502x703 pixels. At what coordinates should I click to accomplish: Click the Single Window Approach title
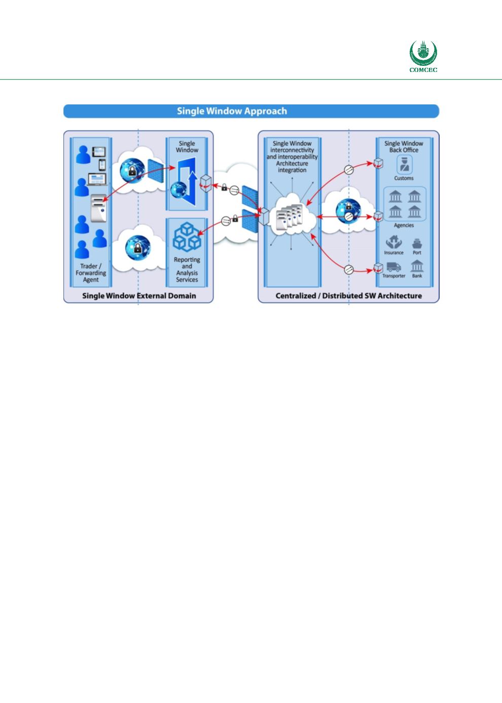tap(232, 111)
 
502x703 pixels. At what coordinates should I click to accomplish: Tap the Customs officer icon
tap(404, 164)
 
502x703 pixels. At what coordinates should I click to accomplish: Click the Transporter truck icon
tap(393, 267)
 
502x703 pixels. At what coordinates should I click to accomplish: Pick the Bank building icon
tap(417, 266)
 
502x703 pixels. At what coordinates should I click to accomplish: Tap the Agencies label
tap(404, 225)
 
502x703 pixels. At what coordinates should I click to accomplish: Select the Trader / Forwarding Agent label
tap(91, 273)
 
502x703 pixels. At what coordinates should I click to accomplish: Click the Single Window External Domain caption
tap(139, 295)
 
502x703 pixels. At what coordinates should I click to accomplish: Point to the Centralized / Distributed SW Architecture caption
tap(348, 295)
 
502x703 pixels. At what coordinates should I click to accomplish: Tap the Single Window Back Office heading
tap(404, 146)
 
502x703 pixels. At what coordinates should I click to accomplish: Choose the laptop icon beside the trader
tap(97, 179)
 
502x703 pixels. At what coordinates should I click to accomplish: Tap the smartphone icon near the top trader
tap(102, 165)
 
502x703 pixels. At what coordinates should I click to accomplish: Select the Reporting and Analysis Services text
tap(187, 269)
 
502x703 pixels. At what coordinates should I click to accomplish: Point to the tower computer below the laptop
tap(99, 208)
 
